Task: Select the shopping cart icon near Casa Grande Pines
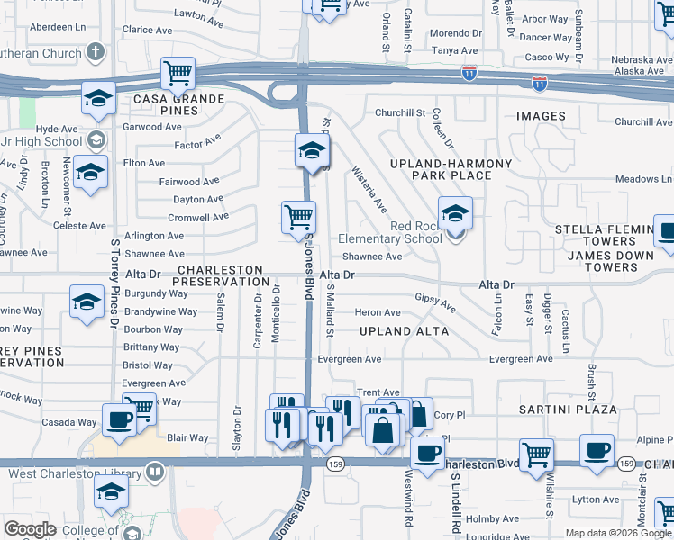click(x=178, y=73)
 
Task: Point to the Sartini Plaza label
click(x=568, y=409)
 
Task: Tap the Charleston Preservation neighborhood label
click(x=220, y=275)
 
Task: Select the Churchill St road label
click(x=400, y=113)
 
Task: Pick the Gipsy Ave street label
click(x=435, y=302)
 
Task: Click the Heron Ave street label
click(x=378, y=312)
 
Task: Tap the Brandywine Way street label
click(x=160, y=312)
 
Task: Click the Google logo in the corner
click(x=30, y=529)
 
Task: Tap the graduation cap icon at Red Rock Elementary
click(x=456, y=213)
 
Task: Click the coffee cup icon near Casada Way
click(x=120, y=419)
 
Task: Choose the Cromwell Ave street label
click(x=198, y=218)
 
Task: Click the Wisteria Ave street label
click(x=369, y=190)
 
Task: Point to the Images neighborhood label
click(x=542, y=116)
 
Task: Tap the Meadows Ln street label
click(x=644, y=179)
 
